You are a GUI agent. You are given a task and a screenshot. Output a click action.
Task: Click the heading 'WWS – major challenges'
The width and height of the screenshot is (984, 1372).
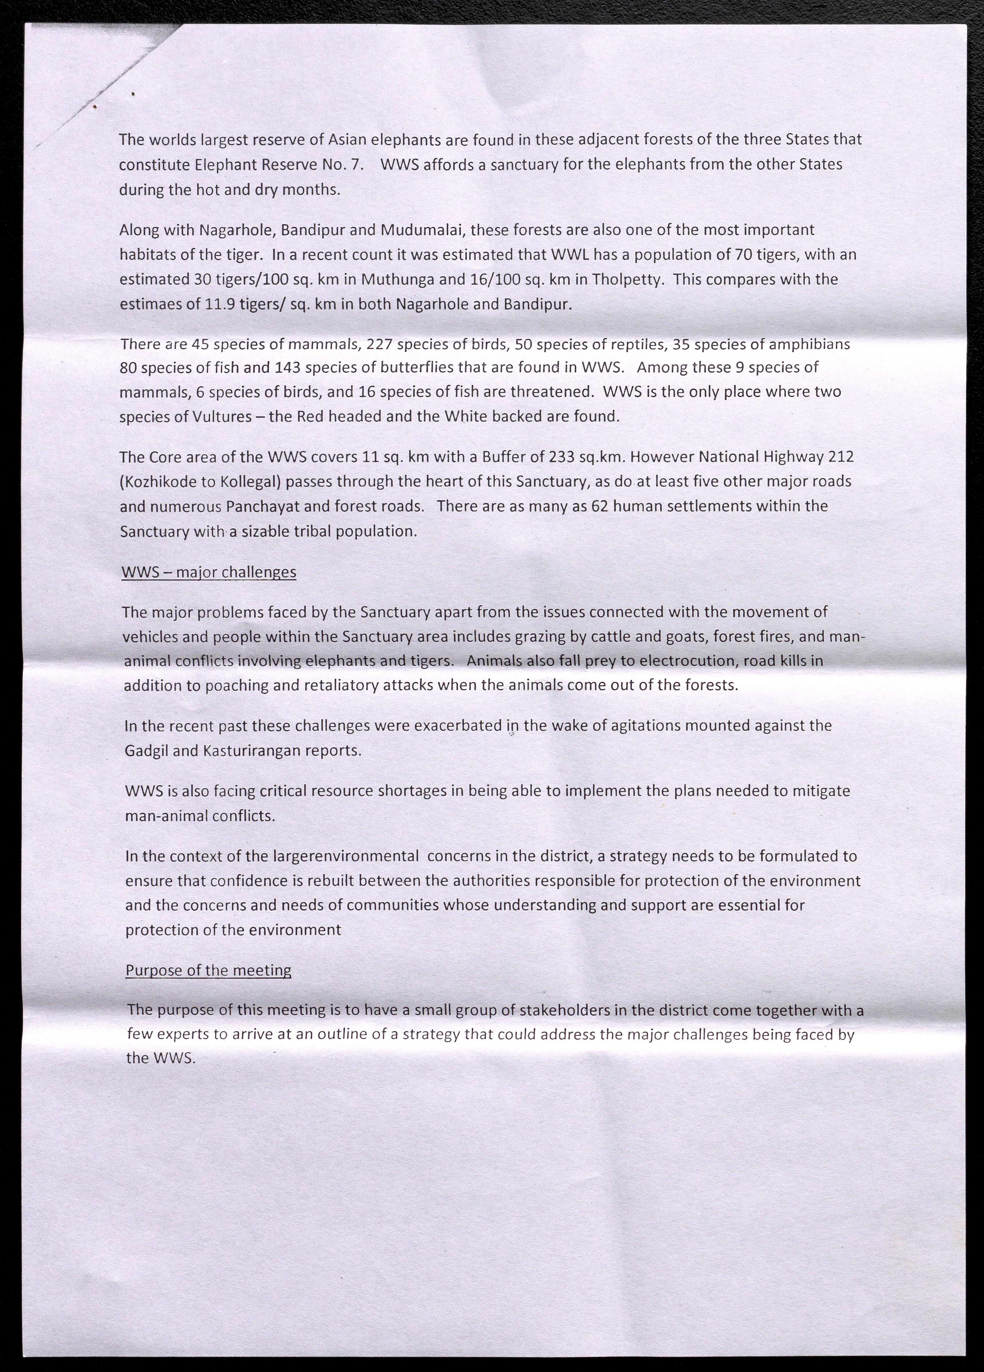pos(209,572)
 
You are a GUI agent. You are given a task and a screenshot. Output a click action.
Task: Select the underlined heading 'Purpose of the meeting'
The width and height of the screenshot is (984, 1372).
pos(208,970)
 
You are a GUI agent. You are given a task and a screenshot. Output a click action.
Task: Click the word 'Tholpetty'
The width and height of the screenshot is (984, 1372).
pos(630,279)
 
